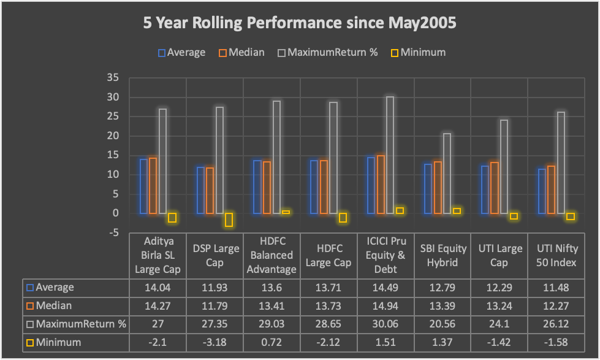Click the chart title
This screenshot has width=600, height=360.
[x=300, y=24]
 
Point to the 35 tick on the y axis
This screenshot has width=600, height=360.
[x=112, y=78]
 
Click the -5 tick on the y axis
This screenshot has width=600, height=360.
[x=113, y=232]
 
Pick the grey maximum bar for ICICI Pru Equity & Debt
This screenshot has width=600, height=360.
[x=390, y=155]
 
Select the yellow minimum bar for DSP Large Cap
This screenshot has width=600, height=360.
[x=229, y=220]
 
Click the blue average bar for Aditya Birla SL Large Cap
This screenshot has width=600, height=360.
[x=144, y=186]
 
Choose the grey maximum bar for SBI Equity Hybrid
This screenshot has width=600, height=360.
[x=447, y=174]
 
